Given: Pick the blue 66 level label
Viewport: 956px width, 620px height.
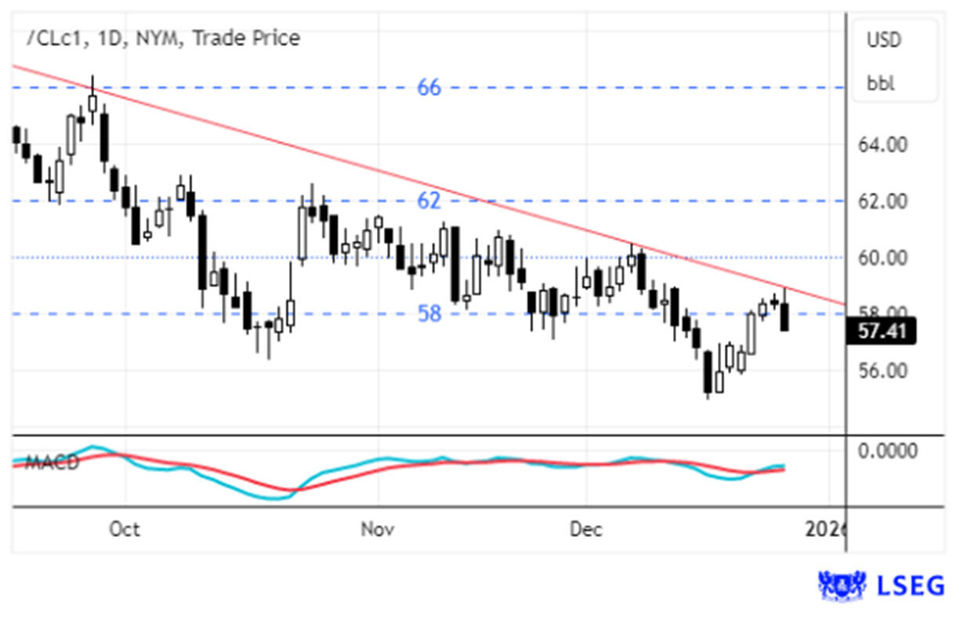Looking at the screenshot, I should tap(429, 88).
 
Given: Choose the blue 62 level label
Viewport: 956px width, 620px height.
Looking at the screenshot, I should tap(429, 201).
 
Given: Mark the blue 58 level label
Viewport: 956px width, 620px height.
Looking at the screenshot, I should tap(429, 314).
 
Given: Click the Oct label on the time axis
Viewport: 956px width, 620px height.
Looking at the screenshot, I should tap(125, 530).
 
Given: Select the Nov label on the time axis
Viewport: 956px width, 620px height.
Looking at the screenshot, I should tap(377, 530).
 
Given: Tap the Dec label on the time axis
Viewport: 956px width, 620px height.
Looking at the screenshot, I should tap(585, 530).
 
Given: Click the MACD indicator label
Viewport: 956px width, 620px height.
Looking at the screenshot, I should tap(52, 462).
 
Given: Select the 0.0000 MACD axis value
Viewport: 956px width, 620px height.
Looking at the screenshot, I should tap(887, 451).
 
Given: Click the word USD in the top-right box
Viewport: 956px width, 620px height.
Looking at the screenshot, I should tap(884, 39).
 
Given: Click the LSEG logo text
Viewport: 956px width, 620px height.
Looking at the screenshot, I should tap(911, 586).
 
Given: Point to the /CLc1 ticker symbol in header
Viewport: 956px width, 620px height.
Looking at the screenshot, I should tap(52, 38).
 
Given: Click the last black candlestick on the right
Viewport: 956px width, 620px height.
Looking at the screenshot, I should tap(784, 317).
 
